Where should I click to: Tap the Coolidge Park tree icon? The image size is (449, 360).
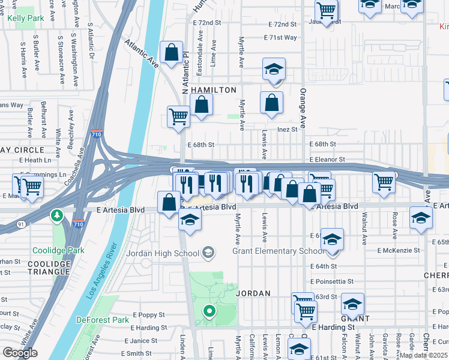[57, 215]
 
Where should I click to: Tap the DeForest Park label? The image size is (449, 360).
[103, 320]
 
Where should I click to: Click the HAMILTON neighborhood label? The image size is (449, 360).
[214, 90]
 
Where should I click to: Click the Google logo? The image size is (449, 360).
[20, 353]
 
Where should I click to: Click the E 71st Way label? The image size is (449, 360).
[280, 37]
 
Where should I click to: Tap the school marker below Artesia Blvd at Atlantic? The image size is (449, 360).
[190, 221]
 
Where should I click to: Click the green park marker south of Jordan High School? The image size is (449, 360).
[209, 311]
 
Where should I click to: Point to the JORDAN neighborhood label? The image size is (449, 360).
[253, 293]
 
